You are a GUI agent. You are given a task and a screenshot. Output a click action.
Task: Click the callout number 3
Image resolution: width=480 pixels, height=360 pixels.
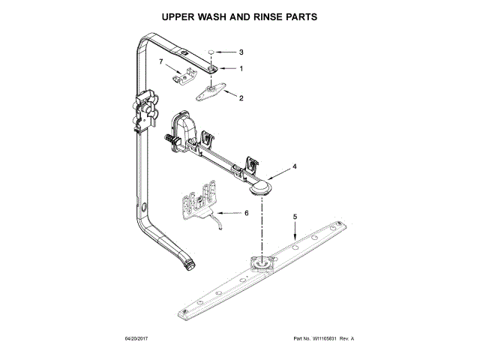pyautogui.click(x=241, y=52)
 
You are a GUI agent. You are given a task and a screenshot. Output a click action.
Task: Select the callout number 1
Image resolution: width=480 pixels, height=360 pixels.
pyautogui.click(x=241, y=68)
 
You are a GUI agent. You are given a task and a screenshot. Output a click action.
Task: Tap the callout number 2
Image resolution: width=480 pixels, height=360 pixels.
pyautogui.click(x=241, y=98)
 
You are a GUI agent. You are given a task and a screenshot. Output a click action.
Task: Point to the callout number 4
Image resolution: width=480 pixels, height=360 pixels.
pyautogui.click(x=295, y=166)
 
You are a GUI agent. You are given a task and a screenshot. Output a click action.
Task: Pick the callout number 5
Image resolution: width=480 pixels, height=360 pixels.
pyautogui.click(x=295, y=217)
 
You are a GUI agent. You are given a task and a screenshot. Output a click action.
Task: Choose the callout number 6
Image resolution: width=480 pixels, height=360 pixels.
pyautogui.click(x=247, y=213)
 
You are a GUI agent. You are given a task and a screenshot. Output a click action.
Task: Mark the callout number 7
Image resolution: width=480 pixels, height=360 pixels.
pyautogui.click(x=161, y=61)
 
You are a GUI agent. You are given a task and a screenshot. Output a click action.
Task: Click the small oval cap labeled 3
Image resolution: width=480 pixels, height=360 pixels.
pyautogui.click(x=211, y=52)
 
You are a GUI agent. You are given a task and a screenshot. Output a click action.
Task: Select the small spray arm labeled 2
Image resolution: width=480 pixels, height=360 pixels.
pyautogui.click(x=211, y=91)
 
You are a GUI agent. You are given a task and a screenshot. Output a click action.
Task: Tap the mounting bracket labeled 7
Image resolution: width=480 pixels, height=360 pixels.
pyautogui.click(x=184, y=75)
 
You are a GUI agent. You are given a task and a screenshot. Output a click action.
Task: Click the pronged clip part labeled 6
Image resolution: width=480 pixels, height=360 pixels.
pyautogui.click(x=199, y=201)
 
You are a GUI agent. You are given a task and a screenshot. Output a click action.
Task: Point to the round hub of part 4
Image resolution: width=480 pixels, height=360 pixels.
pyautogui.click(x=260, y=187)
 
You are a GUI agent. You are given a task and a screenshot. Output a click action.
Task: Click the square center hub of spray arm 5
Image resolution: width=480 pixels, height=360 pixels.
pyautogui.click(x=262, y=263)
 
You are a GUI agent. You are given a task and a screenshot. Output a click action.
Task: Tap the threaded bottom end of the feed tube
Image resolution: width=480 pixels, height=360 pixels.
pyautogui.click(x=189, y=265)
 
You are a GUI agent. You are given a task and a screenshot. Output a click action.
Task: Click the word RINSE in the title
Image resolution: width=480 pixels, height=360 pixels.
pyautogui.click(x=268, y=16)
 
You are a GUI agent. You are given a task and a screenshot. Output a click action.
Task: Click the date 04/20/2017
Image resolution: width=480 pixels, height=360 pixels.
pyautogui.click(x=136, y=338)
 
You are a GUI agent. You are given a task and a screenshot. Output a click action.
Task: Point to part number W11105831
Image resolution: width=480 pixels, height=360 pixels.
pyautogui.click(x=325, y=338)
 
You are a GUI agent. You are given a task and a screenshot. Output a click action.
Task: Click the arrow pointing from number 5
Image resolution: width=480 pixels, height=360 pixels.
pyautogui.click(x=295, y=231)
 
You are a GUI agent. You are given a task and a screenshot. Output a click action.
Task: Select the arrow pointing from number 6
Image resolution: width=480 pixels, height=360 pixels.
pyautogui.click(x=229, y=213)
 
